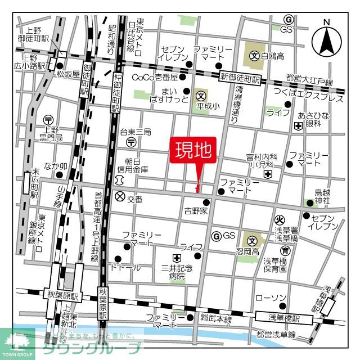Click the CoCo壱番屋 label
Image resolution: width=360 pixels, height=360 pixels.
(155, 77)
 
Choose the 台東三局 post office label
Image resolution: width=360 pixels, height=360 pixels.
(135, 132)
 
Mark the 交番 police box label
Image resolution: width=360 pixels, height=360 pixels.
(134, 198)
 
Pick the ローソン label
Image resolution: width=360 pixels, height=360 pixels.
(271, 297)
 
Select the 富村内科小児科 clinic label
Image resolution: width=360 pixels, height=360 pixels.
(259, 161)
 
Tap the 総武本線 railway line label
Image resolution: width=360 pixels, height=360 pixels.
(217, 319)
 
